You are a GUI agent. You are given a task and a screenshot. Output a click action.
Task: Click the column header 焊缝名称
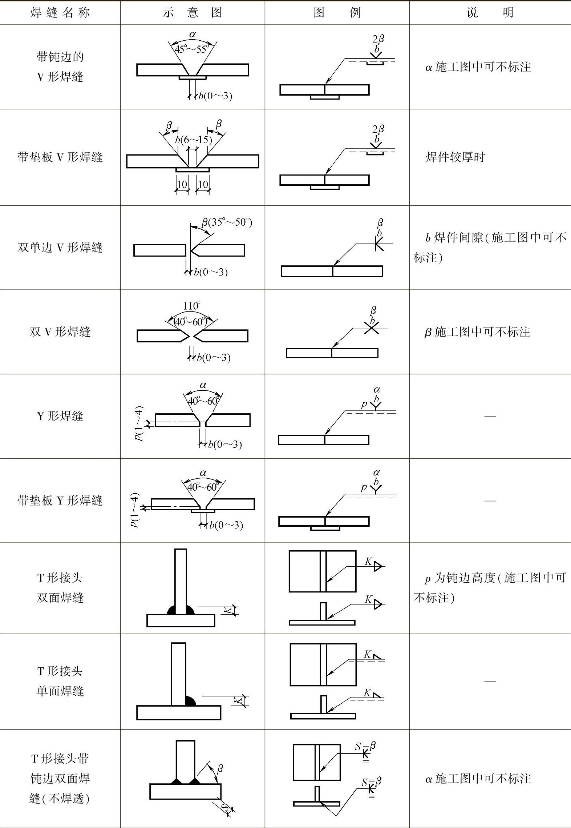coord(60,13)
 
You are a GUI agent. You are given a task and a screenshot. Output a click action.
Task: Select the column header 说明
coord(490,13)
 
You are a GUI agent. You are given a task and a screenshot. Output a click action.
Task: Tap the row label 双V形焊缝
coord(60,331)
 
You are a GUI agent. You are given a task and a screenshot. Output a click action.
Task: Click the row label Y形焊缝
coord(60,416)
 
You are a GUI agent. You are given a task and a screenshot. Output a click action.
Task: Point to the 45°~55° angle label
coord(192,49)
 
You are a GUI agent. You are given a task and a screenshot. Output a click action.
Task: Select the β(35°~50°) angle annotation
coord(227,222)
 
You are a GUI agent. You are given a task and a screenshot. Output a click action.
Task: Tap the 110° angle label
coord(191,306)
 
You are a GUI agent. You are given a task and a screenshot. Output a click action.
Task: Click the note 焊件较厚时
coord(455,157)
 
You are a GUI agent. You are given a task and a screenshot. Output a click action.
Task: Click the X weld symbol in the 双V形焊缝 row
coord(371,328)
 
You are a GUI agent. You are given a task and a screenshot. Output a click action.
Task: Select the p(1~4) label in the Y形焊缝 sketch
coord(139,423)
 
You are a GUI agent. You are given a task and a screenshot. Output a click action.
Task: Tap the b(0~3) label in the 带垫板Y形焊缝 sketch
coord(226,525)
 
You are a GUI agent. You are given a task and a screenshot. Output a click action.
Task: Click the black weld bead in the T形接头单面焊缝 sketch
coord(190,701)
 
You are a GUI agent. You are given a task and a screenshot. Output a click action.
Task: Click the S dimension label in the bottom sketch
coord(225,808)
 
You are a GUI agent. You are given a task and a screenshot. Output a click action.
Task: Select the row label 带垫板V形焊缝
coord(60,157)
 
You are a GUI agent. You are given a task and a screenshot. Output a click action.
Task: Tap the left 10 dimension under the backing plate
coord(182,184)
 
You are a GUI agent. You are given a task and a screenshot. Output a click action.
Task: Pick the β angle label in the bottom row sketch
coord(220,768)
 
